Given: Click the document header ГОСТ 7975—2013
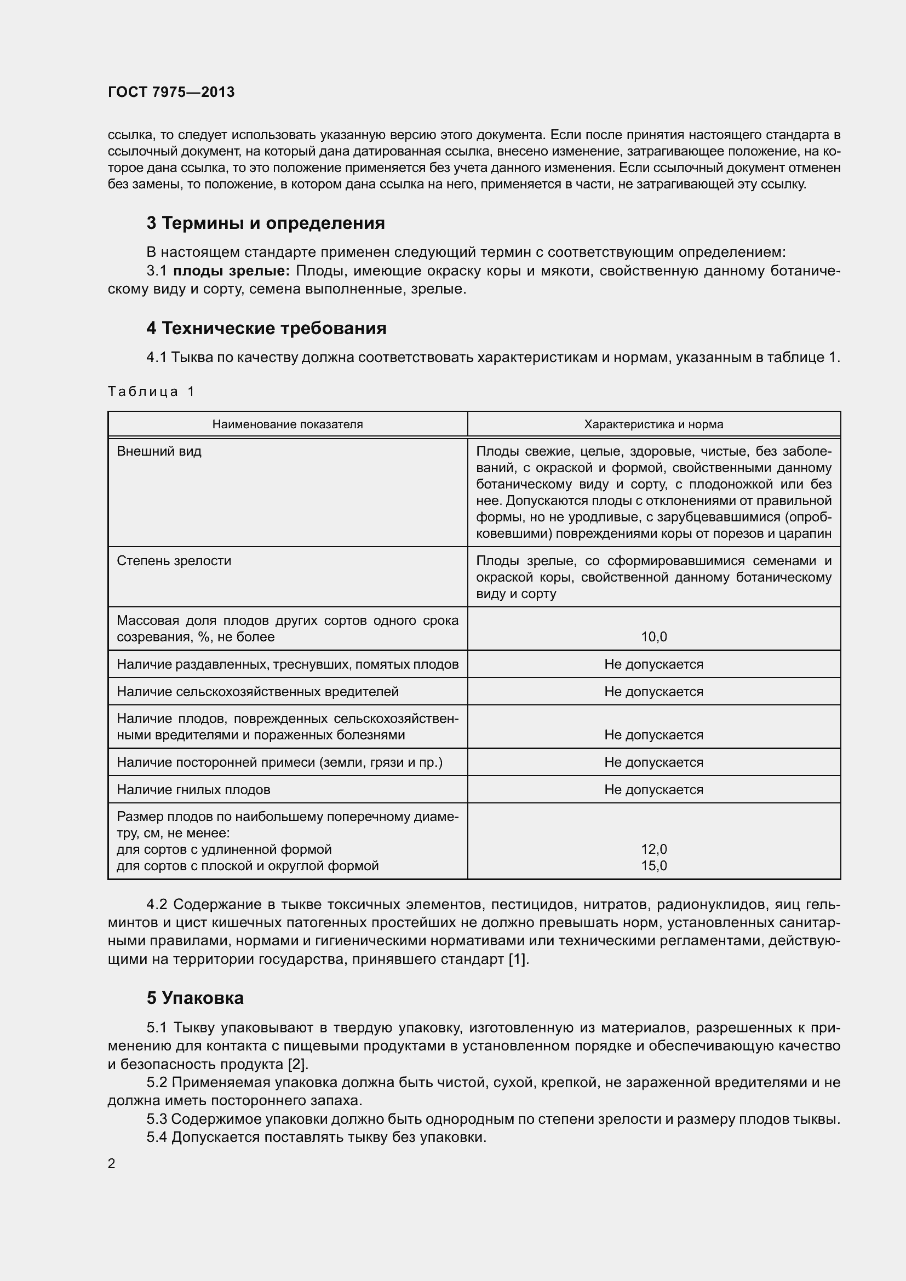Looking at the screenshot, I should pos(171,92).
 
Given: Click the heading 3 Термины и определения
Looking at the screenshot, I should pos(266,223).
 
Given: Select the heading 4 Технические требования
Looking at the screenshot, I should pos(266,328).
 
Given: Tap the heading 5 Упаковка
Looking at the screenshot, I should pos(194,998).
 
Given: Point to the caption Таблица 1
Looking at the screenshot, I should pos(151,392).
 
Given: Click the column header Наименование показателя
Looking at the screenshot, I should pos(288,424).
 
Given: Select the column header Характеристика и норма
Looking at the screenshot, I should pos(653,424).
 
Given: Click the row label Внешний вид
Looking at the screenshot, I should pos(159,451).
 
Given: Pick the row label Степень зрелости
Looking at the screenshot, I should pos(174,561).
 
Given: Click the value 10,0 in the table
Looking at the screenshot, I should pos(654,637).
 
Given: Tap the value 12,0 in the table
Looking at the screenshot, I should pos(654,849).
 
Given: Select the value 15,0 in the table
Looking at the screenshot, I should pos(654,866).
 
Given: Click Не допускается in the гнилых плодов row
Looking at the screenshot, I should pos(653,790).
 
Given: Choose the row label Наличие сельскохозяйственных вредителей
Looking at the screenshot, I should pos(258,692).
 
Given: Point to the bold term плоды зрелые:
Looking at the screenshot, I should pos(232,271).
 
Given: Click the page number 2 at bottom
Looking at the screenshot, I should pos(112,1164).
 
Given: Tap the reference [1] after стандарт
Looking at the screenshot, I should pos(518,960).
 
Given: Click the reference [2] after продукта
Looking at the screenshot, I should pos(297,1065).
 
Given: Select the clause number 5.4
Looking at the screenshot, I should pos(157,1137).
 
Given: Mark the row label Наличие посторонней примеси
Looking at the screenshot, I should pos(279,762).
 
